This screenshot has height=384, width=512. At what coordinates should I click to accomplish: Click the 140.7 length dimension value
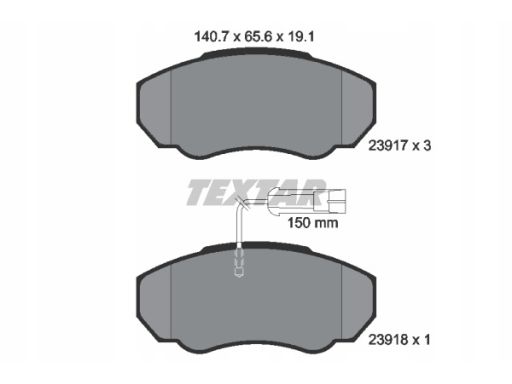click(211, 36)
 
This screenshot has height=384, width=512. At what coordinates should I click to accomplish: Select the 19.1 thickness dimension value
click(301, 36)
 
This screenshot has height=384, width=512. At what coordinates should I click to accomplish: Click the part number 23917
click(388, 146)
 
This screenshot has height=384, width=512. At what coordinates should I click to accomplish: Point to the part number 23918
click(388, 340)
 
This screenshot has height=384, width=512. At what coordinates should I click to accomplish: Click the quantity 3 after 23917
click(427, 146)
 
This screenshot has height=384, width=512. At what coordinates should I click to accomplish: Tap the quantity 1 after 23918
click(427, 340)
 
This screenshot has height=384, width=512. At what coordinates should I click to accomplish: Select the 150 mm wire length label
click(313, 223)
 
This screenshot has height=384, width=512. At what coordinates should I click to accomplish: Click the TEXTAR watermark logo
click(256, 192)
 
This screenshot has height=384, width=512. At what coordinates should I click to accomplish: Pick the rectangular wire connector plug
click(336, 201)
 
